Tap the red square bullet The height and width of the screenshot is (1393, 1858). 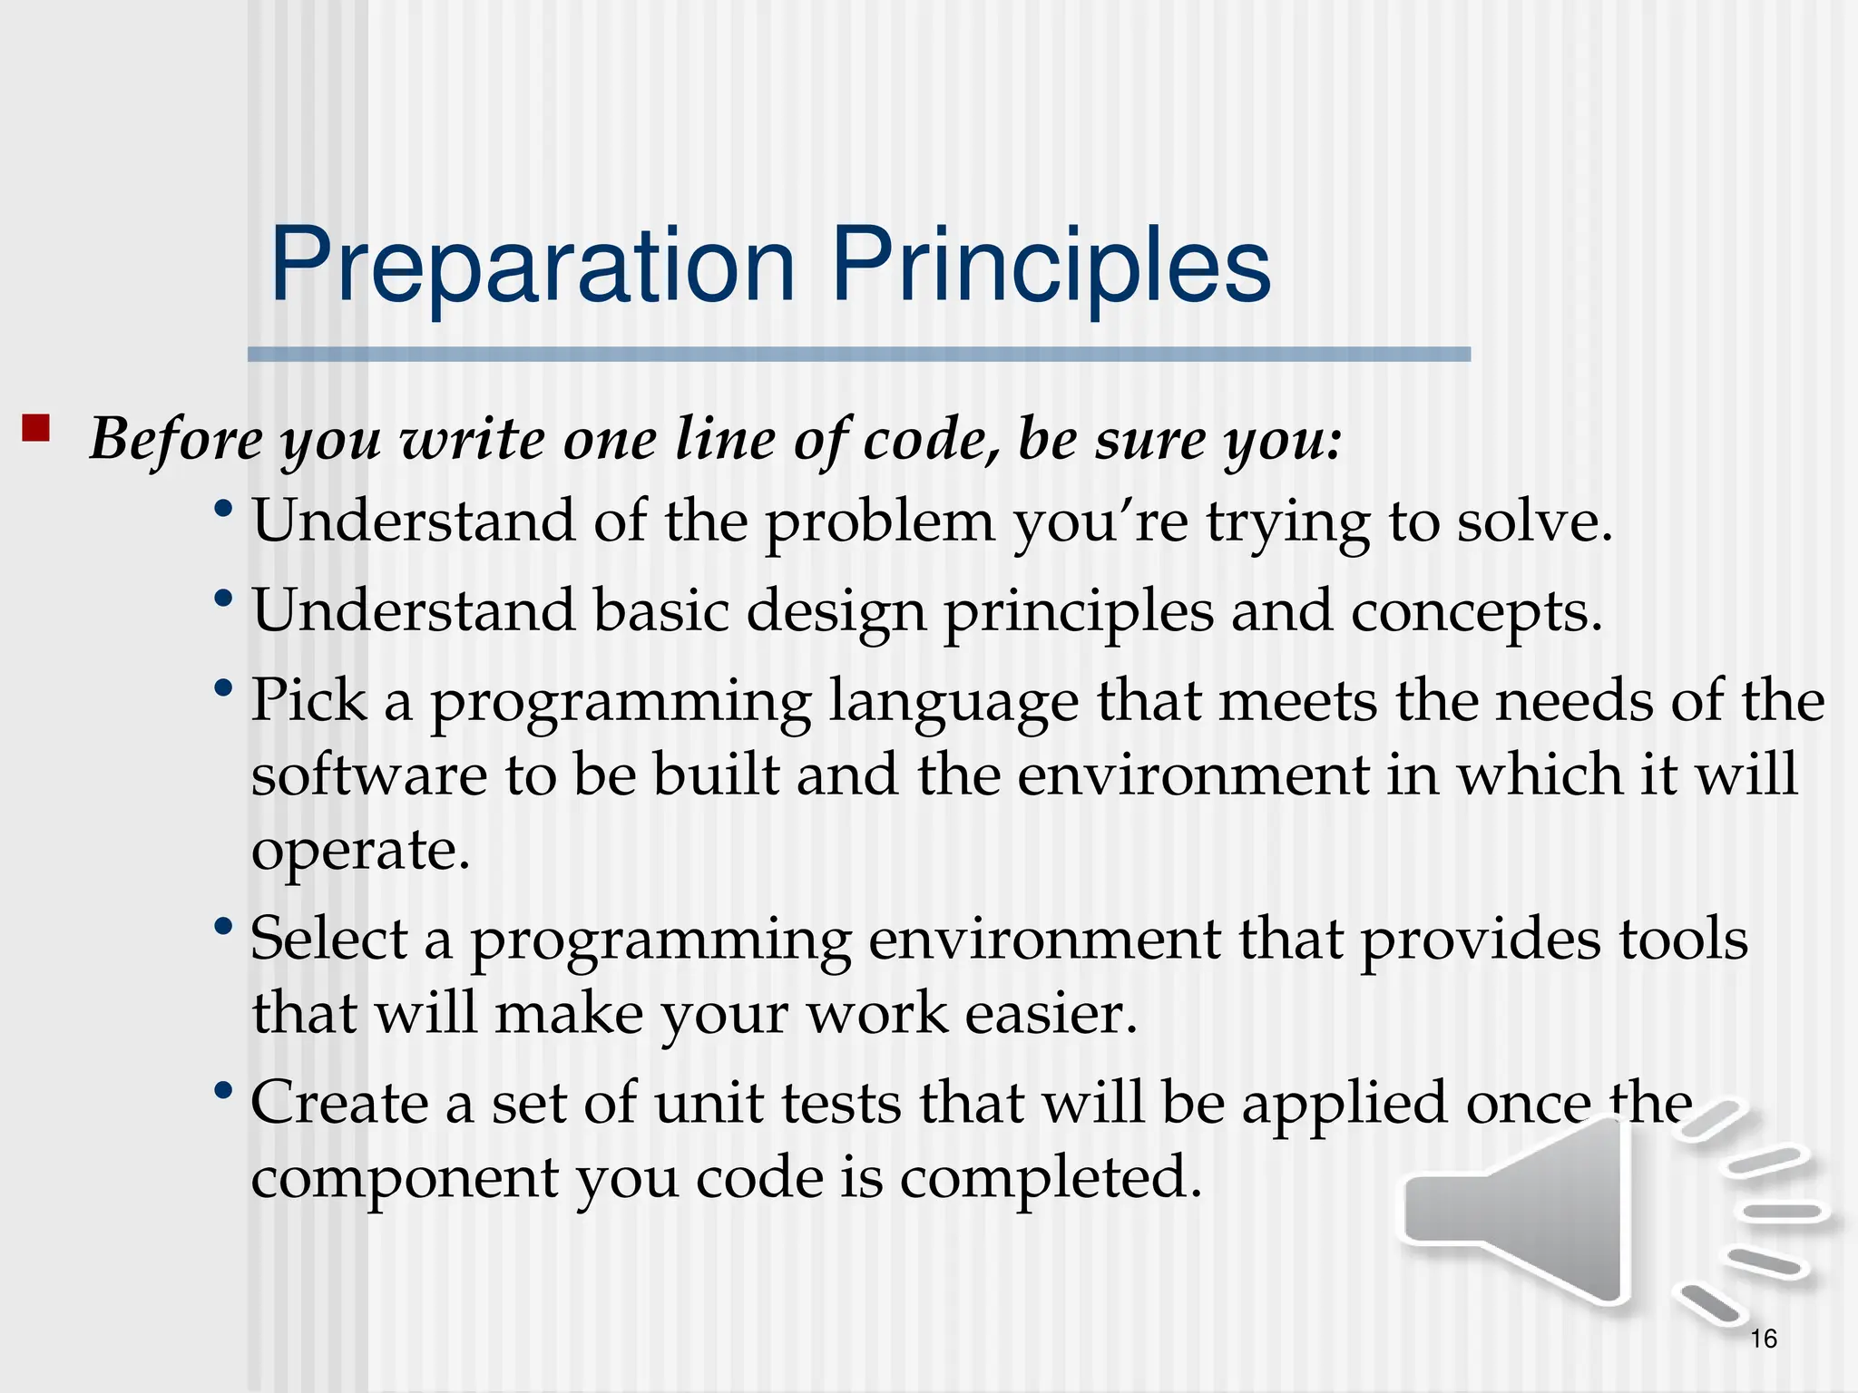click(35, 427)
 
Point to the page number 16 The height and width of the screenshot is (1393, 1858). click(1763, 1339)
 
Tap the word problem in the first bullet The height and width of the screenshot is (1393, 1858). click(880, 523)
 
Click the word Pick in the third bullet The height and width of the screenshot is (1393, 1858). click(308, 700)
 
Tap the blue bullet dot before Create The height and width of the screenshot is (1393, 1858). click(223, 1089)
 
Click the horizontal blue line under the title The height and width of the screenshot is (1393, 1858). click(858, 355)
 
